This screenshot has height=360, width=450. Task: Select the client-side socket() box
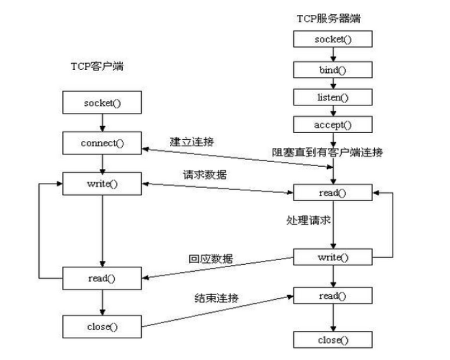(x=102, y=104)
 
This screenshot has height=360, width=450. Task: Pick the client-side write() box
(x=102, y=184)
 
